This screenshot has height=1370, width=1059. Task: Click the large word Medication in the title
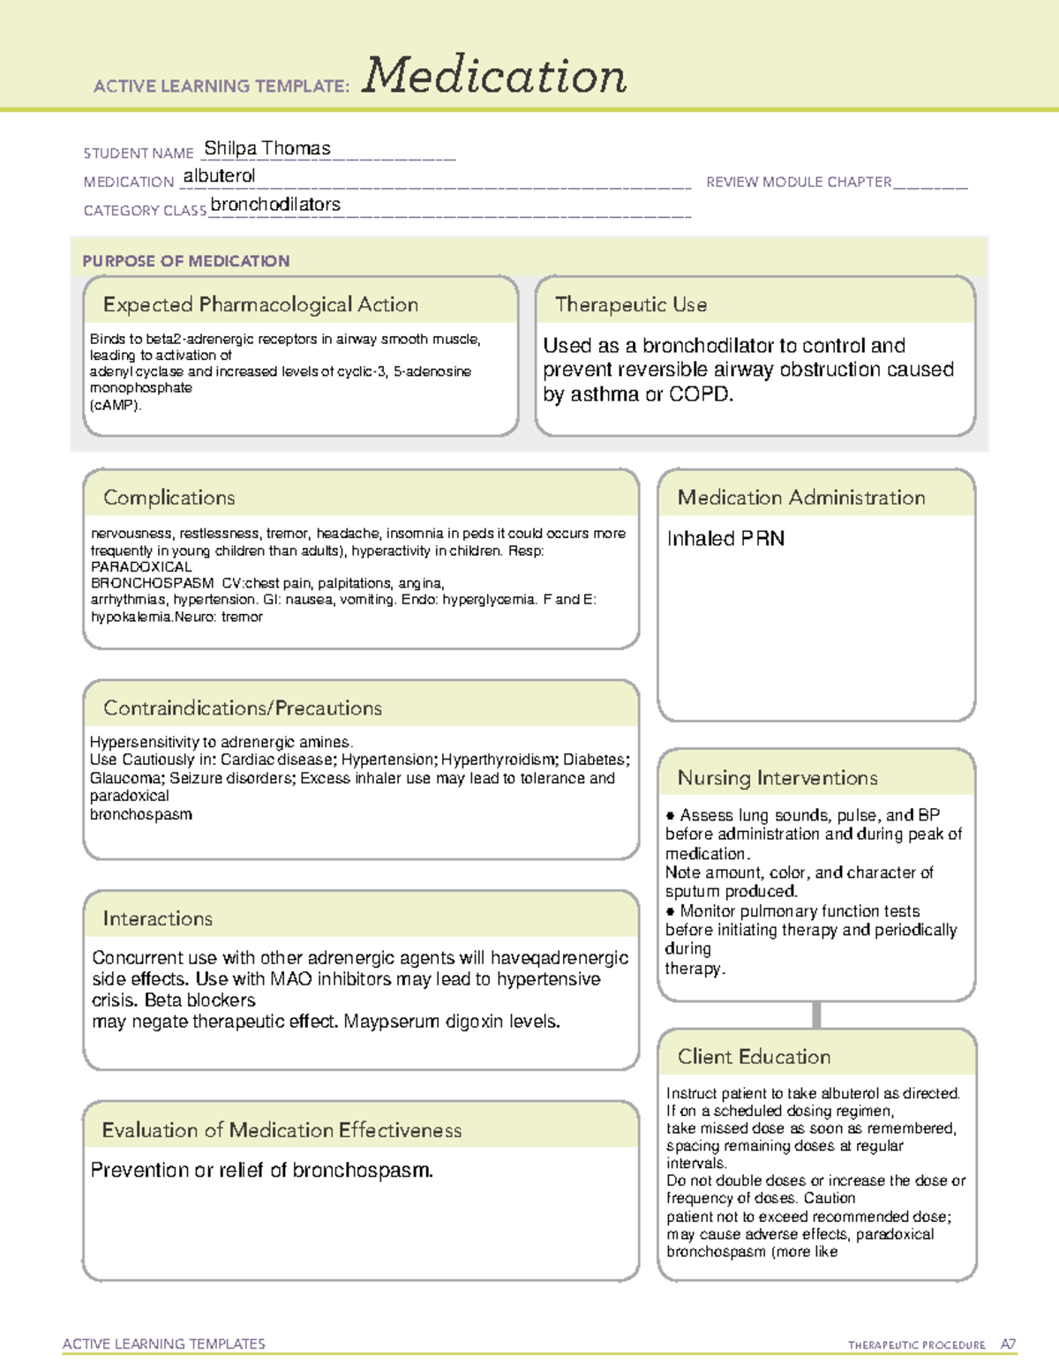494,76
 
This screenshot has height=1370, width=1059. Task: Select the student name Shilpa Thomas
267,148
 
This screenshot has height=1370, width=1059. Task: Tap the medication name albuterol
219,176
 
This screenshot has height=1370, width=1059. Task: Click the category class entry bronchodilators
275,204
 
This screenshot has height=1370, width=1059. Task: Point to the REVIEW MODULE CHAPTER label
799,182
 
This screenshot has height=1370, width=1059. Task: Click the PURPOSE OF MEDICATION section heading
186,261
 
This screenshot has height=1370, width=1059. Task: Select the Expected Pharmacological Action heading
260,304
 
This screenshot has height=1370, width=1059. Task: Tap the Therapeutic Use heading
631,304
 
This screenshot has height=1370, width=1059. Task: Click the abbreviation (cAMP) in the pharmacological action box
116,405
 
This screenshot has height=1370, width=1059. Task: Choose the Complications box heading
169,498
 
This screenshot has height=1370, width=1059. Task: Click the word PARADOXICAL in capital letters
141,566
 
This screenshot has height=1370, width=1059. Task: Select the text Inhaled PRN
725,538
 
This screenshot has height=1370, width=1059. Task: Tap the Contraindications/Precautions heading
243,707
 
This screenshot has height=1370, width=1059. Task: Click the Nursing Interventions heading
777,777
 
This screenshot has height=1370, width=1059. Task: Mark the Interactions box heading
158,918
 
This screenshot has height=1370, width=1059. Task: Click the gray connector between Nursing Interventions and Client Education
816,1014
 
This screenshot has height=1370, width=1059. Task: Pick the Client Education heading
754,1056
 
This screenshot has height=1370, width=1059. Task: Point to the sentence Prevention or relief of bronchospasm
262,1170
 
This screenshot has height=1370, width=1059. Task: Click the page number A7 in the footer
1008,1344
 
